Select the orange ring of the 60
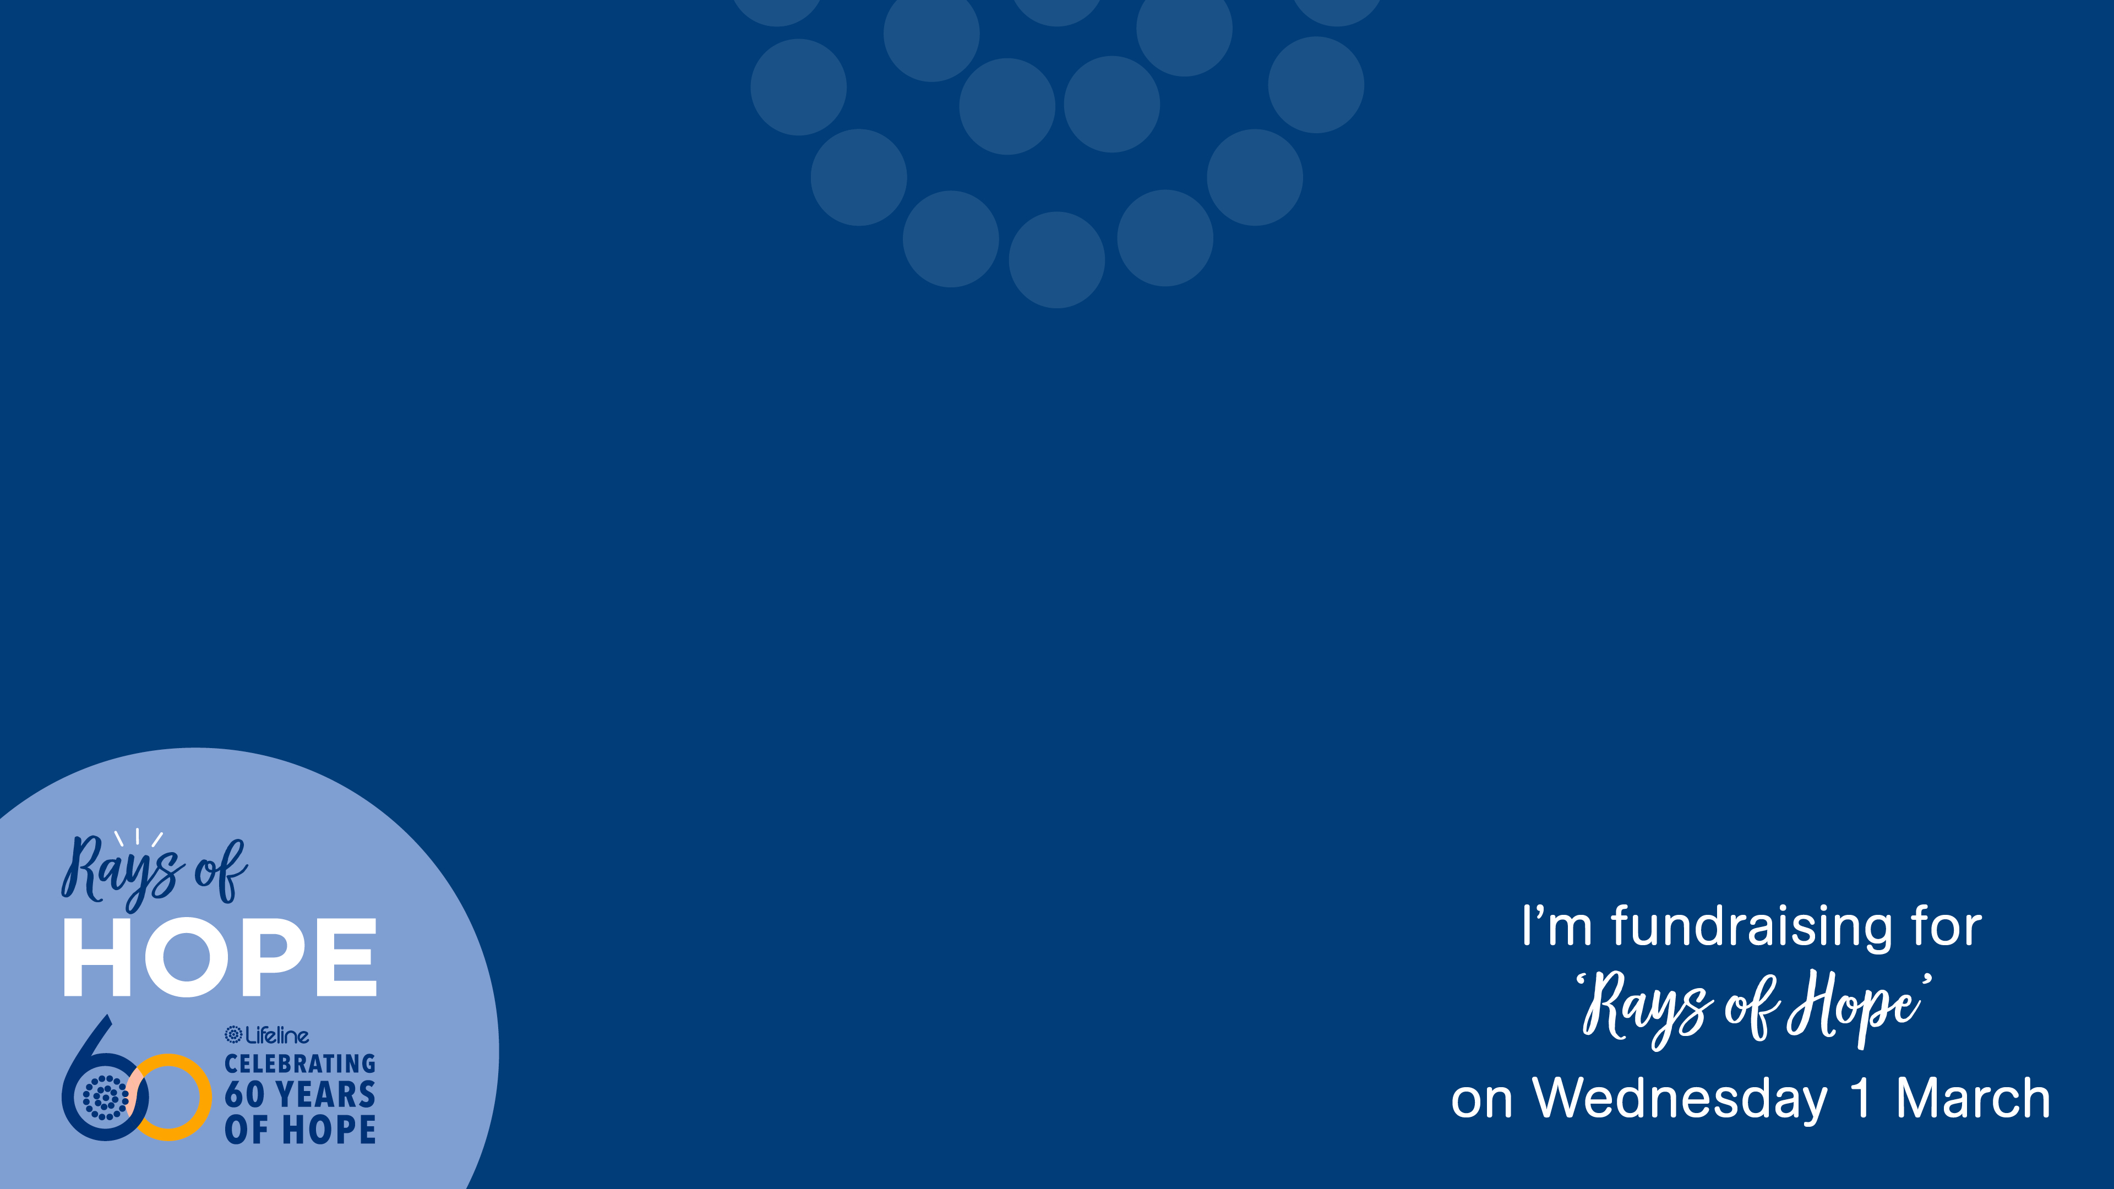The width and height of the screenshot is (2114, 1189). [170, 1097]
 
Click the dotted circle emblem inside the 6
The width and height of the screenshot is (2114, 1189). [106, 1097]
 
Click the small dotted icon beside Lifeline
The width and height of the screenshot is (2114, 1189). [234, 1035]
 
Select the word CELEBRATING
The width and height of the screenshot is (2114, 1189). [301, 1064]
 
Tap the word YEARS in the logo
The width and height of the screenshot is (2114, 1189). [326, 1095]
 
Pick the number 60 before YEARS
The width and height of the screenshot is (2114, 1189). [244, 1095]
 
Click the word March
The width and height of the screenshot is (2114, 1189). [1973, 1099]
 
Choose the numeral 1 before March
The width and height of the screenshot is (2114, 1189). [1860, 1099]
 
